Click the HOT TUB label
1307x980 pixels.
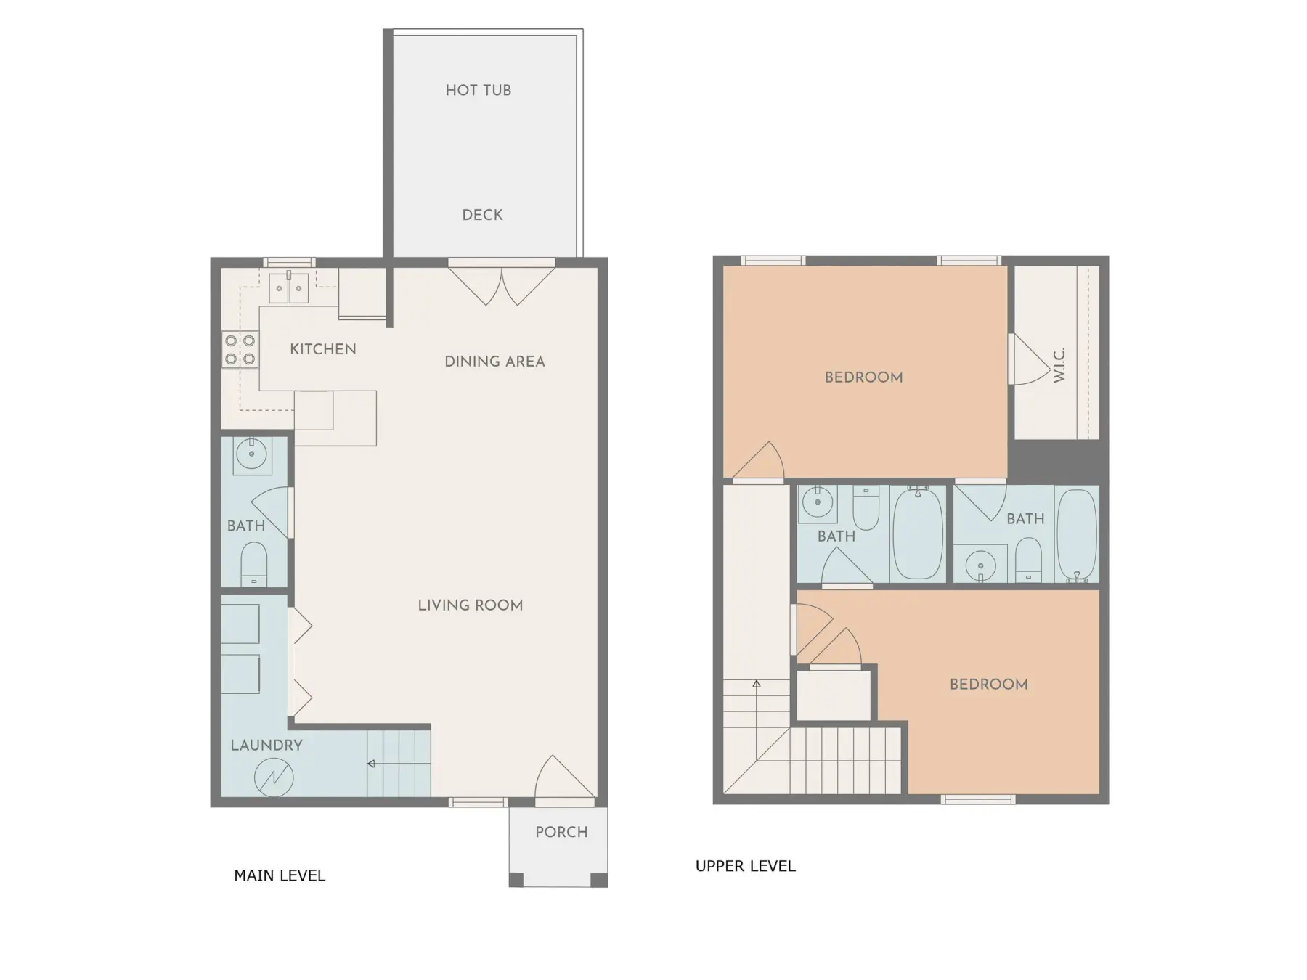[478, 90]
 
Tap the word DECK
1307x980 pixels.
[482, 215]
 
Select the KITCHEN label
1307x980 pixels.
[323, 349]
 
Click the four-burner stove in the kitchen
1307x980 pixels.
[240, 350]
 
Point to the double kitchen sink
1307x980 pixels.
[289, 287]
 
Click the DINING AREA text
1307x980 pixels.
[494, 362]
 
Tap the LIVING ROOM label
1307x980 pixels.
[470, 605]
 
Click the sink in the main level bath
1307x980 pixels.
[252, 455]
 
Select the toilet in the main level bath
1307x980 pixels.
[253, 564]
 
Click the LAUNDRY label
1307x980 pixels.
[266, 746]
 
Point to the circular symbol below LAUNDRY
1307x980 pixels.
[274, 777]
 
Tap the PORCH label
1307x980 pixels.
[561, 833]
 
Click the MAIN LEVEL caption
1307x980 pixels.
[280, 876]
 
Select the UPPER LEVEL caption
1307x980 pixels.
[746, 866]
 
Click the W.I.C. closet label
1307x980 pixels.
[1059, 365]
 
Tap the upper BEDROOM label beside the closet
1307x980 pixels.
[863, 377]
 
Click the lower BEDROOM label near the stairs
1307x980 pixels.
[988, 685]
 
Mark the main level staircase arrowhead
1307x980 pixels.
[371, 764]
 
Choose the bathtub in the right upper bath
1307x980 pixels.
[1077, 536]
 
